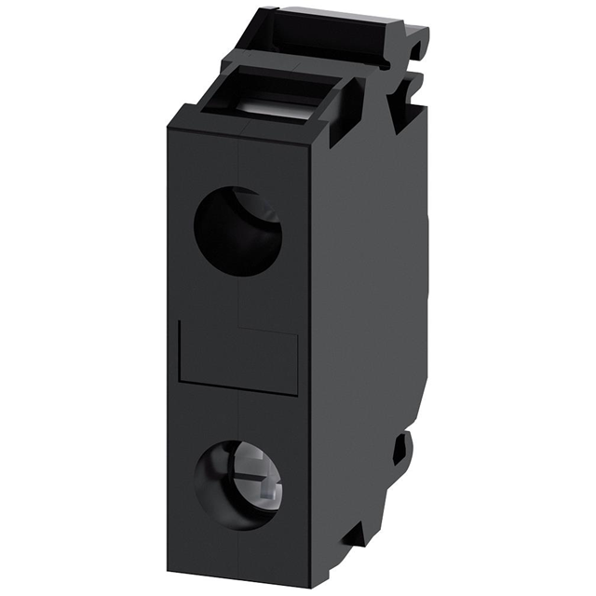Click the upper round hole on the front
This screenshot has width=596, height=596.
coord(237,232)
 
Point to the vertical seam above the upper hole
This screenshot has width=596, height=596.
coord(239,164)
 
